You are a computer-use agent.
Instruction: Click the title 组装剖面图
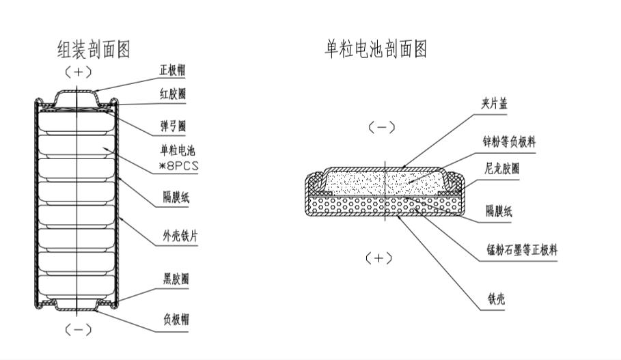coord(93,50)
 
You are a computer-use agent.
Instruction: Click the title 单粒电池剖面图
coord(376,50)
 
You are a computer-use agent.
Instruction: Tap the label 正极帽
coord(172,70)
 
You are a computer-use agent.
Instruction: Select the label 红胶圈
coord(172,94)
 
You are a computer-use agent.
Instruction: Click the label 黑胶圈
coord(176,279)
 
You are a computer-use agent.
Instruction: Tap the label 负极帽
coord(176,318)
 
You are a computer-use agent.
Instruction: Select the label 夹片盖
coord(494,104)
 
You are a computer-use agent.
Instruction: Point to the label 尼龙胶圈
coord(501,168)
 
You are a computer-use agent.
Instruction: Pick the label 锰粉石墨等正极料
coord(521,251)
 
